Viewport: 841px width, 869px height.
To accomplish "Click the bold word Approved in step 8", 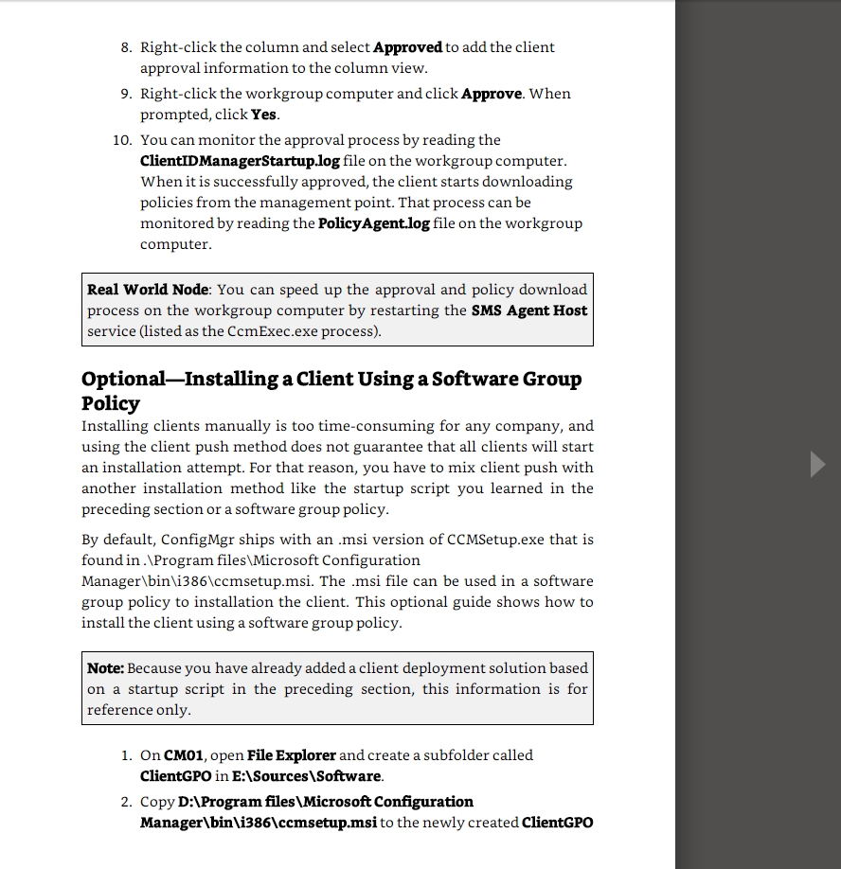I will (407, 47).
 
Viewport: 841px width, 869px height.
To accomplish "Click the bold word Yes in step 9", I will (264, 115).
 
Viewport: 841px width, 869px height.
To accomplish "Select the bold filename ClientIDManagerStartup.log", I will (240, 161).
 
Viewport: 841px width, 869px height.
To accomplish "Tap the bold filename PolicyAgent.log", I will (374, 223).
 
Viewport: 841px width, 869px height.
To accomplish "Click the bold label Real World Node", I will (148, 290).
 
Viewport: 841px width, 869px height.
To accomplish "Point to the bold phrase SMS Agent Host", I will (528, 310).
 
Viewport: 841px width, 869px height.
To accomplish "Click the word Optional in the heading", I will (123, 380).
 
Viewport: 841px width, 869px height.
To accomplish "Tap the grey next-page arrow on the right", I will (817, 464).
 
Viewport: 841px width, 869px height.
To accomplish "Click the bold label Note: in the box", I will (105, 668).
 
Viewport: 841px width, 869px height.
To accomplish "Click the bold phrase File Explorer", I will (291, 755).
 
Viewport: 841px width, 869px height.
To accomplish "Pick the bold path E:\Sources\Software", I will (307, 776).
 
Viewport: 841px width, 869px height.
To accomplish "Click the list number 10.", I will (121, 140).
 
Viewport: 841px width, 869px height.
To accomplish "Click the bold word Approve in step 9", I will (491, 94).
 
